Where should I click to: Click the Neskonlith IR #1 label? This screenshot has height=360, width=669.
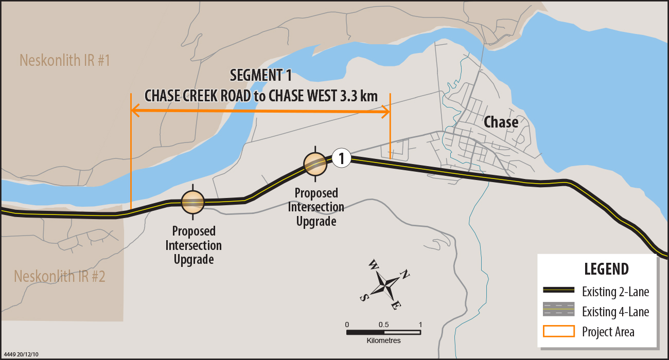click(x=65, y=60)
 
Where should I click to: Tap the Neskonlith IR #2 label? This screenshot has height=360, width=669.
click(x=60, y=276)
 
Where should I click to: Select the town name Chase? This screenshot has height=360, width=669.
click(x=501, y=122)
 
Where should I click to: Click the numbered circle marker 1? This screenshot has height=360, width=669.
click(x=341, y=158)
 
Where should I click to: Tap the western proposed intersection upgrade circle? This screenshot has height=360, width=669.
click(x=193, y=202)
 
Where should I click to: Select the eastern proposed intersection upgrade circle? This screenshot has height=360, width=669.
click(x=314, y=164)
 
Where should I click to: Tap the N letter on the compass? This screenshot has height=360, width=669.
click(x=405, y=274)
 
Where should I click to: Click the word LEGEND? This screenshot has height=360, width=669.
click(x=606, y=268)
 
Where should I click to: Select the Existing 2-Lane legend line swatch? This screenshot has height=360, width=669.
click(x=559, y=291)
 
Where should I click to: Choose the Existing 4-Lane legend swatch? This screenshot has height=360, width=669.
click(x=559, y=311)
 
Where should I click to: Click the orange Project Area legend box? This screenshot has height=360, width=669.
click(x=559, y=331)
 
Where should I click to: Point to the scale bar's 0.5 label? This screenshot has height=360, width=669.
click(x=383, y=325)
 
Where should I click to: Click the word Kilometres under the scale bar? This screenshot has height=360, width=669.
click(x=383, y=340)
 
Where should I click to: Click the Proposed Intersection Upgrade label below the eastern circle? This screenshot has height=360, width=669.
click(x=316, y=207)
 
